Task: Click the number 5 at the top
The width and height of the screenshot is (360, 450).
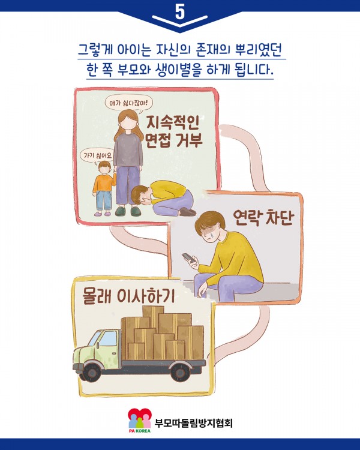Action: click(x=180, y=12)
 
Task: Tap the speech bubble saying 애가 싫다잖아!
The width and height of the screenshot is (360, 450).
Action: click(x=128, y=103)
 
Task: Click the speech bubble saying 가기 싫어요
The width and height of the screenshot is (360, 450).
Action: click(x=97, y=156)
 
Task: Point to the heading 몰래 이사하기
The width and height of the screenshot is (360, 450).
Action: click(x=128, y=295)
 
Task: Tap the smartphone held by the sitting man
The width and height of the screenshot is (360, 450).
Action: click(x=188, y=257)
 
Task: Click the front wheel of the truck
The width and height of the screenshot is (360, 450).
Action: click(x=92, y=373)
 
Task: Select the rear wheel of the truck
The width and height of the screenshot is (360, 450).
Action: click(x=180, y=372)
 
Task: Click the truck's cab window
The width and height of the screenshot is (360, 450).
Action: click(x=107, y=338)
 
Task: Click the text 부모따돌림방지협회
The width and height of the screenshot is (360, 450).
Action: click(x=193, y=423)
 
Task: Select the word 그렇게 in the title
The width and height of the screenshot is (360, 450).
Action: click(x=95, y=50)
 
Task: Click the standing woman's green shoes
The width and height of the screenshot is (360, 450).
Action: click(x=128, y=212)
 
